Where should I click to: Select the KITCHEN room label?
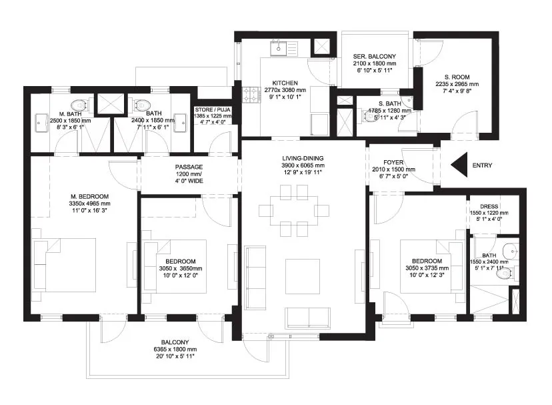[x=285, y=83]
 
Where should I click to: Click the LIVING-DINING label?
[x=303, y=158]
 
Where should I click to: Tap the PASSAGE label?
[x=189, y=167]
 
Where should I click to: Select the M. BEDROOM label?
[x=89, y=196]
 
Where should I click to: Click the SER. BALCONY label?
[x=375, y=57]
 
